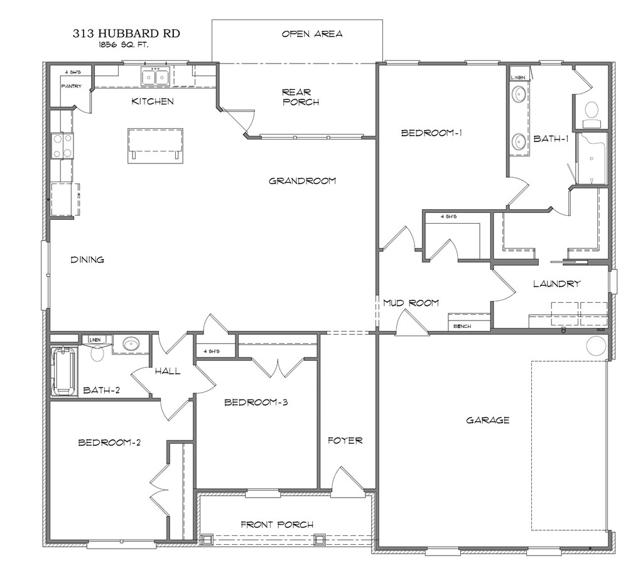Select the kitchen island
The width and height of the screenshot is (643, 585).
pyautogui.click(x=156, y=146)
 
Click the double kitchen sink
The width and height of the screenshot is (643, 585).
pyautogui.click(x=154, y=77)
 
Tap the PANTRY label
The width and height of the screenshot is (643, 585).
pyautogui.click(x=71, y=86)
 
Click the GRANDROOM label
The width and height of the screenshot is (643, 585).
pyautogui.click(x=302, y=181)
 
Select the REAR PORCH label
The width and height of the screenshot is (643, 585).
pyautogui.click(x=301, y=97)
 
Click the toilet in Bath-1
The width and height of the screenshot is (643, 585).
pyautogui.click(x=591, y=111)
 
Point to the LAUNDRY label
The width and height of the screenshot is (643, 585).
pyautogui.click(x=556, y=284)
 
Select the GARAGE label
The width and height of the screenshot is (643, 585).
pyautogui.click(x=487, y=420)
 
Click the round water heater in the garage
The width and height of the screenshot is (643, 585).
pyautogui.click(x=596, y=345)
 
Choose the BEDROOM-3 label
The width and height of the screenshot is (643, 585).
pyautogui.click(x=256, y=402)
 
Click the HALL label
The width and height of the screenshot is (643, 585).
pyautogui.click(x=168, y=371)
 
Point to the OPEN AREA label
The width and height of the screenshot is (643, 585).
pyautogui.click(x=311, y=34)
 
